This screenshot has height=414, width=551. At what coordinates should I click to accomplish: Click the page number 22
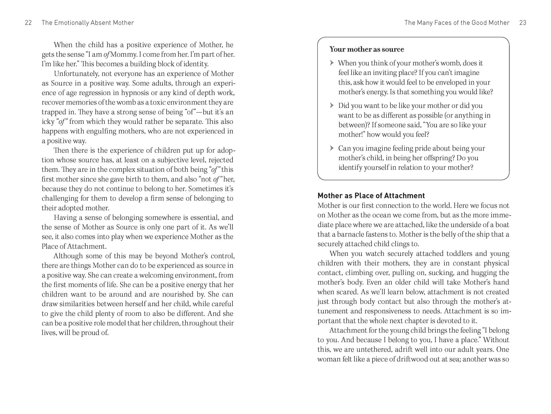coord(28,23)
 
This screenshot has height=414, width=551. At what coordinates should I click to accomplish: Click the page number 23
coord(523,23)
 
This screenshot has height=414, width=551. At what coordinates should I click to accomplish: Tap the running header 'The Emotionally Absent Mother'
coord(88,23)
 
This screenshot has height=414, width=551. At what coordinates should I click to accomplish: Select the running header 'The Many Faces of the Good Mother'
coord(457,23)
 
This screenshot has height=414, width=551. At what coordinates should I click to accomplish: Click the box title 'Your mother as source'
coord(367,49)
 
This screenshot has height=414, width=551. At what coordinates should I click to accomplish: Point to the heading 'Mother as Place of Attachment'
coord(371,196)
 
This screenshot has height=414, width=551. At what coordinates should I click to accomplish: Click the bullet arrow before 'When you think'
coord(332,63)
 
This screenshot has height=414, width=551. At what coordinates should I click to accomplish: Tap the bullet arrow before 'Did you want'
coord(332,105)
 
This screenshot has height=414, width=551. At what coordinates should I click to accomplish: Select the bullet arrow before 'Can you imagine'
coord(332,148)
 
